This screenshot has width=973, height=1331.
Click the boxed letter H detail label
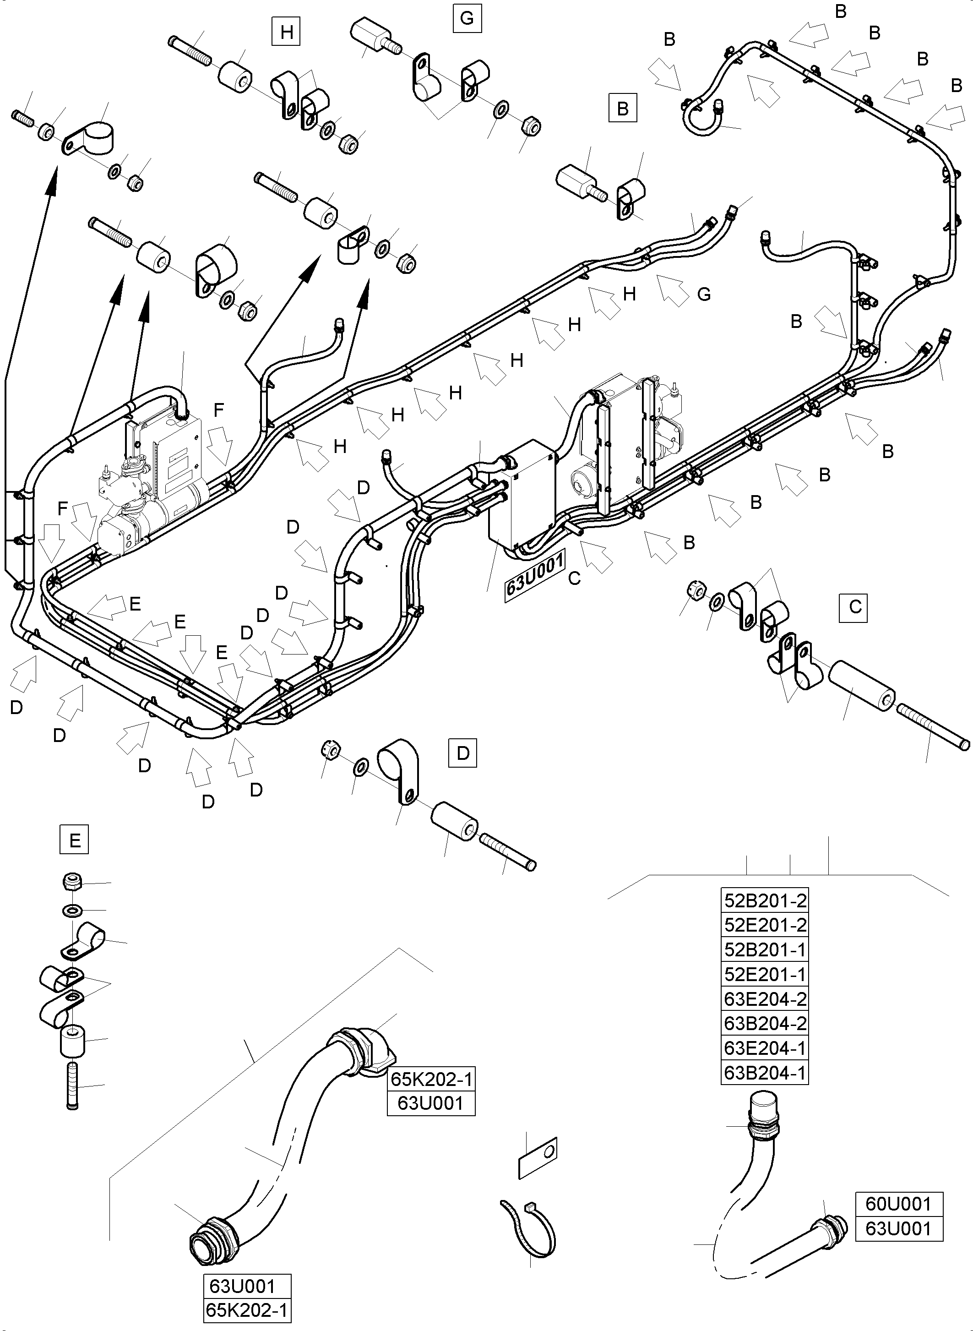tap(287, 32)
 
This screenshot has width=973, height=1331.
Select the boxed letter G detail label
tap(467, 18)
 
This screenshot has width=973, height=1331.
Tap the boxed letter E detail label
tap(75, 840)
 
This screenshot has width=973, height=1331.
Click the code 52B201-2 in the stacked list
tap(765, 901)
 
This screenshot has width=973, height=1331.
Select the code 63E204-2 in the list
tap(765, 999)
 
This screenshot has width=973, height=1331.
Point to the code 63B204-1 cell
tap(765, 1073)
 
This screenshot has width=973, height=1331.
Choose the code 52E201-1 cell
tap(765, 975)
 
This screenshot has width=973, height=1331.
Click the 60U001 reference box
tap(898, 1204)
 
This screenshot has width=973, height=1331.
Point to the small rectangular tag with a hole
tap(537, 1158)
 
